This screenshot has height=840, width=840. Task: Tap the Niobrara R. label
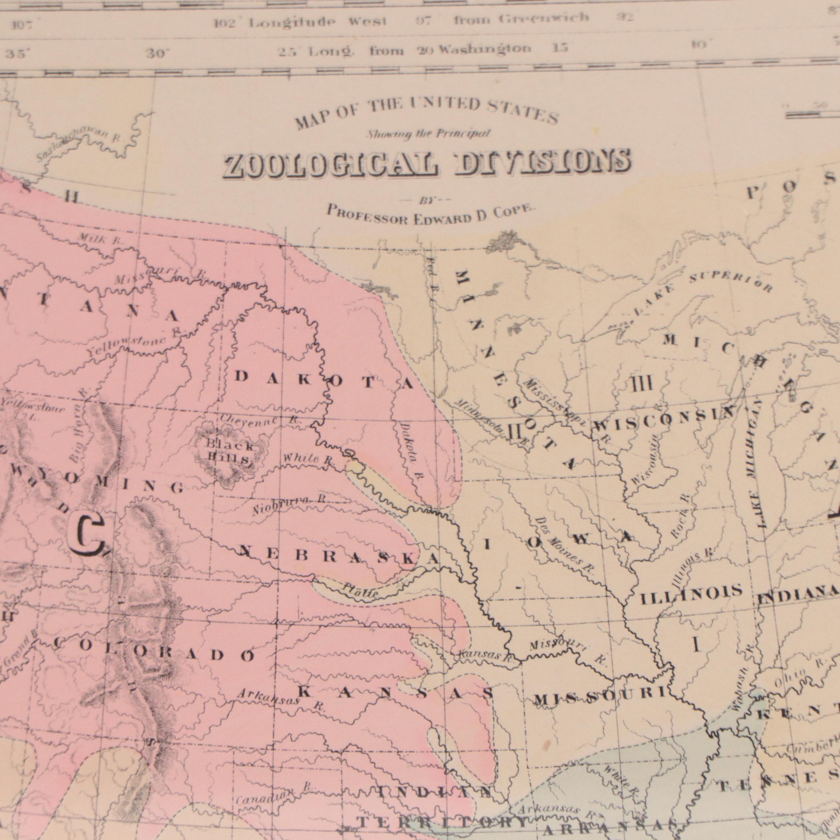(289, 507)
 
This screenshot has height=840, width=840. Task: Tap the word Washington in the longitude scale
(485, 48)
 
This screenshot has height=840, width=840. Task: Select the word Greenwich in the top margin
(543, 18)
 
